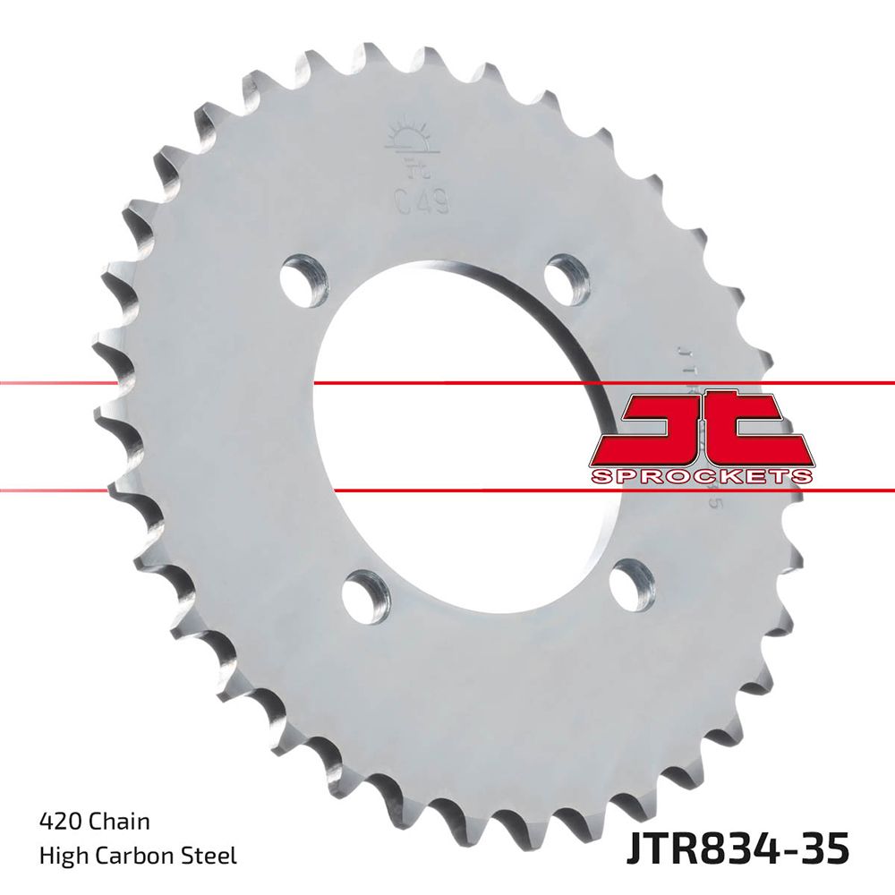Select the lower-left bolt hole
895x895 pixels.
pyautogui.click(x=366, y=591)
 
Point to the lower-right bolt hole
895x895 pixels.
pyautogui.click(x=632, y=581)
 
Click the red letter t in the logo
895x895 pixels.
pyautogui.click(x=758, y=430)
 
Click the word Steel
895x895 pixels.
pyautogui.click(x=211, y=857)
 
